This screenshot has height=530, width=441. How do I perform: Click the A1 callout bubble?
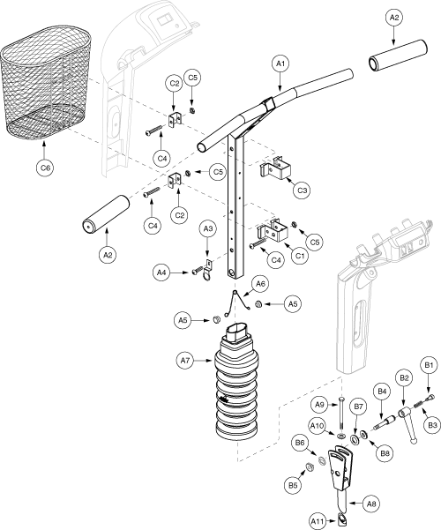pyautogui.click(x=280, y=63)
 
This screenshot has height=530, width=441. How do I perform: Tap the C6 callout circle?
pyautogui.click(x=45, y=168)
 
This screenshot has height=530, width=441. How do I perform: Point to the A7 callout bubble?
pyautogui.click(x=185, y=361)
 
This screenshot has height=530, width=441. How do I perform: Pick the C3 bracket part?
pyautogui.click(x=275, y=167)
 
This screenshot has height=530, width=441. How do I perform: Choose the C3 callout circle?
pyautogui.click(x=302, y=190)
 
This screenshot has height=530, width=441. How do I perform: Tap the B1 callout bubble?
pyautogui.click(x=429, y=365)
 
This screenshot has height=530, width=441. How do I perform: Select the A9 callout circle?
pyautogui.click(x=319, y=404)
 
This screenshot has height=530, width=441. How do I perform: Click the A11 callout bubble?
pyautogui.click(x=318, y=522)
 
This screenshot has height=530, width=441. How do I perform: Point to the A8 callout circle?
pyautogui.click(x=371, y=504)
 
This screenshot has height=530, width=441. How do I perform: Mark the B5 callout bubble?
pyautogui.click(x=293, y=485)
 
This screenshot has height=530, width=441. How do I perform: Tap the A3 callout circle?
pyautogui.click(x=208, y=229)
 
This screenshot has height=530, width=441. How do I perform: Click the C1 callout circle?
pyautogui.click(x=300, y=256)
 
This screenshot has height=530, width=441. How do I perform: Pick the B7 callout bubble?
pyautogui.click(x=358, y=407)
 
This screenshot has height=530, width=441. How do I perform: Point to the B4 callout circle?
pyautogui.click(x=382, y=392)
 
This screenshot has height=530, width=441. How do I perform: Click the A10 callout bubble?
pyautogui.click(x=317, y=426)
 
